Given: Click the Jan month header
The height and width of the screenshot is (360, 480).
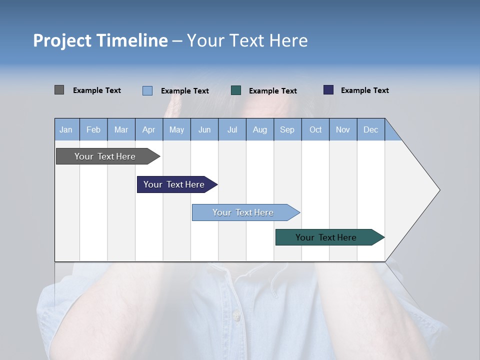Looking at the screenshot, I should [66, 130].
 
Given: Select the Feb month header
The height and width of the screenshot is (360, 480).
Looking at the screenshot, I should [93, 130].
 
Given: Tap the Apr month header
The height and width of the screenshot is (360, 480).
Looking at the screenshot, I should [149, 130].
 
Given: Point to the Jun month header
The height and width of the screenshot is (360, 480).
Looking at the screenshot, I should [204, 130].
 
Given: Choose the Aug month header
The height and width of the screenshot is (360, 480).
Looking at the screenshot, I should [260, 130].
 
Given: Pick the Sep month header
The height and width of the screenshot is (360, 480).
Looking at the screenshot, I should [287, 130].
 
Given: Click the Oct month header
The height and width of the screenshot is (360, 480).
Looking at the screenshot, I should [315, 130].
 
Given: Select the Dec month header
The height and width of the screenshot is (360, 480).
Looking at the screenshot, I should [371, 130].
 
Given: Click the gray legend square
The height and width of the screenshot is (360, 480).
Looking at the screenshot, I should [59, 90].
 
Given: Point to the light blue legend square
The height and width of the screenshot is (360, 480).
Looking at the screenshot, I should [147, 90].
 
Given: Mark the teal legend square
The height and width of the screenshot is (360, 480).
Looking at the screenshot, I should [236, 90].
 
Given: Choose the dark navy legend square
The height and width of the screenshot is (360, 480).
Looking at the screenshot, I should [328, 90].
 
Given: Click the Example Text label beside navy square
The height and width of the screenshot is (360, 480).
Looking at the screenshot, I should [364, 90].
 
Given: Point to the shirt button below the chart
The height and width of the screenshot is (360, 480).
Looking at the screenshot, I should [236, 316].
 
